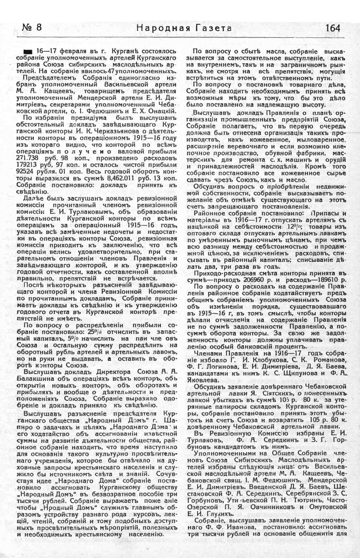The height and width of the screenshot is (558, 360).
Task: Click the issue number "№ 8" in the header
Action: (x=32, y=27)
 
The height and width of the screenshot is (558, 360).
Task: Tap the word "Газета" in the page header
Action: (x=210, y=28)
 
